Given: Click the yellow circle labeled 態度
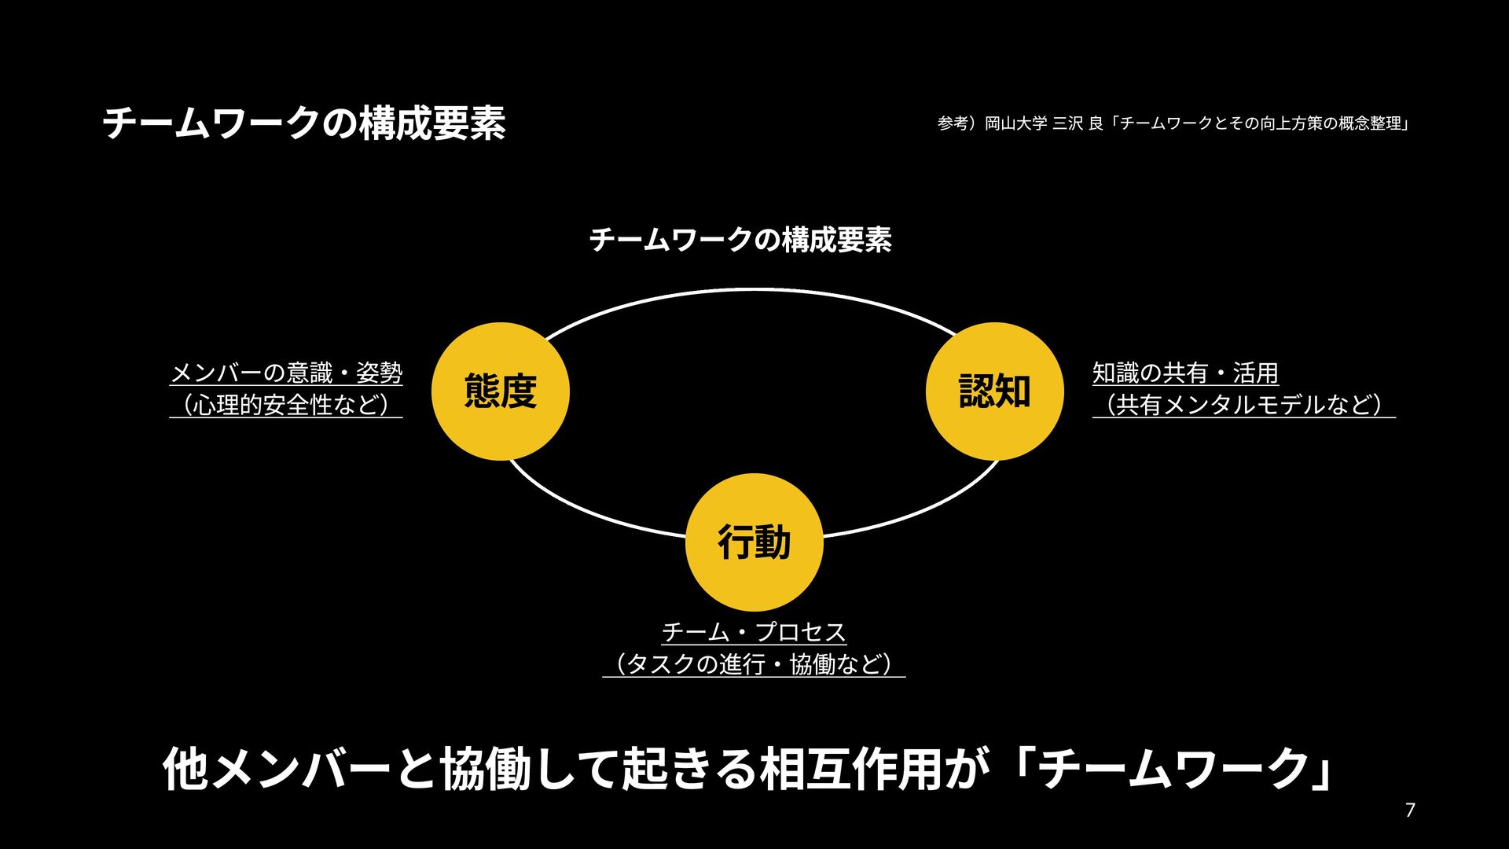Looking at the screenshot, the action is (x=501, y=391).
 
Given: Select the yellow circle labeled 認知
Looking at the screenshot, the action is (x=994, y=391).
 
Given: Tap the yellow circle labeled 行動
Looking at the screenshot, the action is (x=754, y=542).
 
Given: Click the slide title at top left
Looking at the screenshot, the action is (x=304, y=124).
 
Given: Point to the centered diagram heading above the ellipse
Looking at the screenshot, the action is (x=740, y=240).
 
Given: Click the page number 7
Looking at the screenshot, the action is (x=1410, y=810).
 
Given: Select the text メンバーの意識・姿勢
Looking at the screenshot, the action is (x=286, y=373).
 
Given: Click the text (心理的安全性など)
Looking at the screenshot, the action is (x=286, y=404).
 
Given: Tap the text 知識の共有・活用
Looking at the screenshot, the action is (x=1185, y=373).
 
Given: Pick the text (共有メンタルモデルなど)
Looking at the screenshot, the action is (x=1243, y=404).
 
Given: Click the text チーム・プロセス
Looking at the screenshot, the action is (x=754, y=632).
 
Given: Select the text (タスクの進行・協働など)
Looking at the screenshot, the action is (x=754, y=664).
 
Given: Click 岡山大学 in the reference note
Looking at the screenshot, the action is (x=1015, y=123).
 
